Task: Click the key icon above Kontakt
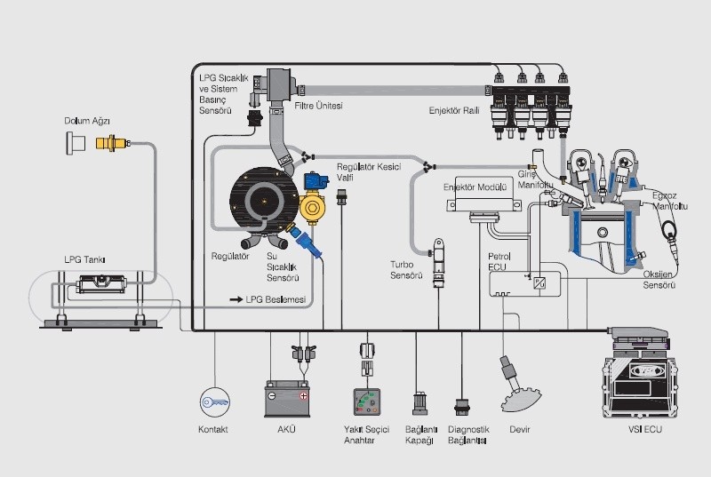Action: point(213,401)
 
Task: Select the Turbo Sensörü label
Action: point(408,270)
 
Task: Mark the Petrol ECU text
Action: point(499,263)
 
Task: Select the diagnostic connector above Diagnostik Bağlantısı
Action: point(462,401)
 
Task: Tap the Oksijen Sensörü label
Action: point(659,281)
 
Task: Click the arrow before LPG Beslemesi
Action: point(236,300)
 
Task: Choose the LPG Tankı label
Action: point(85,260)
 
